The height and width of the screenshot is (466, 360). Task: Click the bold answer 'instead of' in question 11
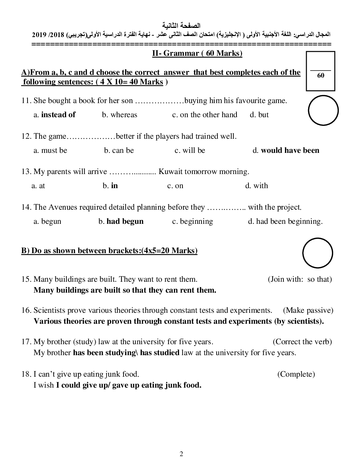click(58, 115)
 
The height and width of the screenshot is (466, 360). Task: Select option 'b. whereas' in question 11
click(120, 115)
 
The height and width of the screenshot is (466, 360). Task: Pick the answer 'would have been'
click(290, 150)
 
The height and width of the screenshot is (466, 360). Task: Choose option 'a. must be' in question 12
click(50, 150)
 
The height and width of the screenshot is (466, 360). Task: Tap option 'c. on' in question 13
click(175, 186)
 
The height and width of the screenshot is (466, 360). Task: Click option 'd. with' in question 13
click(257, 186)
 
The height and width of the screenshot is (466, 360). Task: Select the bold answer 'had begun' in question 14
click(125, 221)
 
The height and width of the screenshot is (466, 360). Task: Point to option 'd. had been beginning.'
click(285, 221)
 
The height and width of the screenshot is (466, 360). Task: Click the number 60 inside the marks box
click(321, 76)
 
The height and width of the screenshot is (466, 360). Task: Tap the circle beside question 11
click(323, 110)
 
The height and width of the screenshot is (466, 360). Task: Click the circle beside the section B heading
click(318, 253)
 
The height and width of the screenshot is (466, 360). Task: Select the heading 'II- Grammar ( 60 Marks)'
click(197, 53)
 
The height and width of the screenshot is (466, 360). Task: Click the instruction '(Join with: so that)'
click(300, 279)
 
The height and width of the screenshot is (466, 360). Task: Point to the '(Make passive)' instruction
click(308, 310)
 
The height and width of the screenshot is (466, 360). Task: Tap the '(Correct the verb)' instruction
click(302, 342)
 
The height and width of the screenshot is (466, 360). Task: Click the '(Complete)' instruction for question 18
click(296, 374)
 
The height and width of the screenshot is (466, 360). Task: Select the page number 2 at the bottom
click(181, 454)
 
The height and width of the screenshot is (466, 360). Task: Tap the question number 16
click(26, 310)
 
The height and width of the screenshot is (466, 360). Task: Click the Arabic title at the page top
click(181, 25)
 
